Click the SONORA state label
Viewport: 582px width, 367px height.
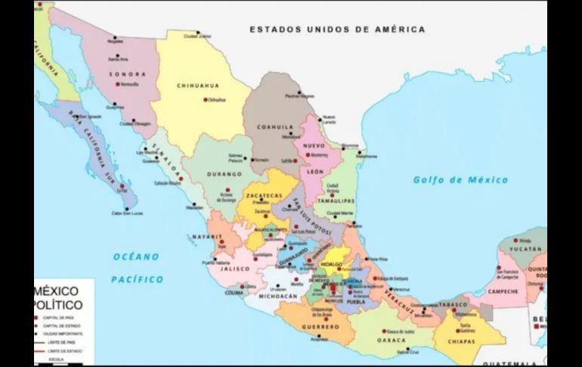[127, 74]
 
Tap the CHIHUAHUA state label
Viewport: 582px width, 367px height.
[197, 86]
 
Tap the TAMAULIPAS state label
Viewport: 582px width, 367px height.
[336, 201]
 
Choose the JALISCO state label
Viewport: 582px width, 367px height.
[235, 269]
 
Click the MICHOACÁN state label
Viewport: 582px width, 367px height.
[278, 297]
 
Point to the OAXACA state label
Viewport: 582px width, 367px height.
[391, 341]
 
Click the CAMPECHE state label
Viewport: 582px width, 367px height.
[503, 291]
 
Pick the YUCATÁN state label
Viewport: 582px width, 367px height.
[525, 249]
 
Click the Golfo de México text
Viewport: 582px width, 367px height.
[460, 180]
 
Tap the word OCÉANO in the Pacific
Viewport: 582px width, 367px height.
[136, 257]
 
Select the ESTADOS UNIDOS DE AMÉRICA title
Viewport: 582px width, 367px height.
[337, 30]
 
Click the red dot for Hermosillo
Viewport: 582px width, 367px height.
[118, 84]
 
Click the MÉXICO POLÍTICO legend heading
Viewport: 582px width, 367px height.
[58, 297]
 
